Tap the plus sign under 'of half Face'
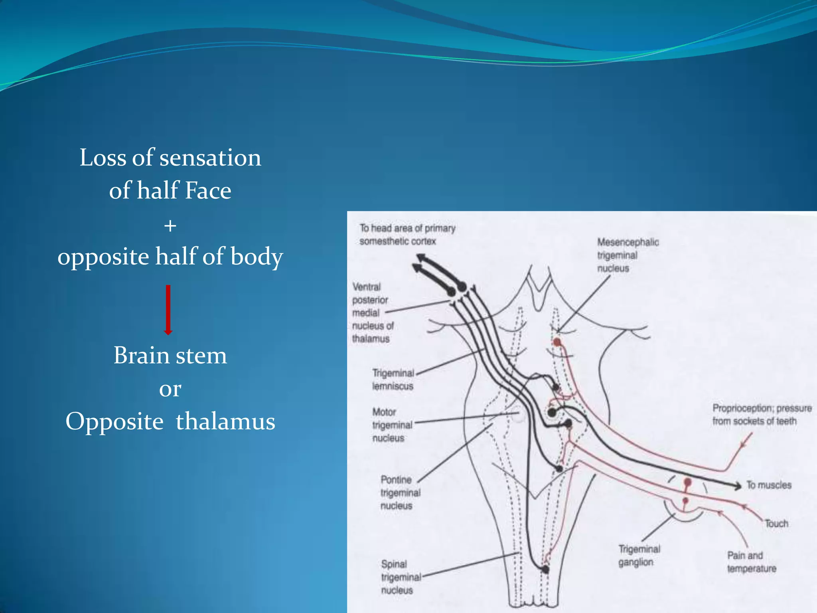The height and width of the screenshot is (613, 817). (170, 226)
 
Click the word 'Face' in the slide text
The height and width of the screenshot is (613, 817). (208, 190)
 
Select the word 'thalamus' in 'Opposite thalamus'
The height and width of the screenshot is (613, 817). (225, 421)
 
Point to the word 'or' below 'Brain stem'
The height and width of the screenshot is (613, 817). (170, 389)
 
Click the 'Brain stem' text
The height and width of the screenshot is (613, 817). (170, 355)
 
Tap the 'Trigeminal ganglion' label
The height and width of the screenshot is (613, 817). (639, 556)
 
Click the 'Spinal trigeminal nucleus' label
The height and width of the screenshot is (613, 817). (401, 577)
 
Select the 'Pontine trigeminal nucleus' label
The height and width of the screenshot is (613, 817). (400, 492)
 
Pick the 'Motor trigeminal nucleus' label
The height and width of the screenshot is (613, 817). (392, 425)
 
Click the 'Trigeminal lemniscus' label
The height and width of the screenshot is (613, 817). (393, 380)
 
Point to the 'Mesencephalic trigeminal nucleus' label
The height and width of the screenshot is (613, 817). (628, 255)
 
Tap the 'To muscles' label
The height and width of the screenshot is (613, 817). (769, 485)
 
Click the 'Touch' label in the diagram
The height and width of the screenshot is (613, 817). (776, 523)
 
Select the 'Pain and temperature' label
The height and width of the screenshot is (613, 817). (752, 562)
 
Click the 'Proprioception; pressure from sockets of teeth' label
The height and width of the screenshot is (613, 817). (762, 415)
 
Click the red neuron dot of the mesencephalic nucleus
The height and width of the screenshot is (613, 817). (557, 342)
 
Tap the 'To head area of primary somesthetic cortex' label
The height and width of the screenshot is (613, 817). (407, 235)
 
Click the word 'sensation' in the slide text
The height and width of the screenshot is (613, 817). (210, 158)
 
